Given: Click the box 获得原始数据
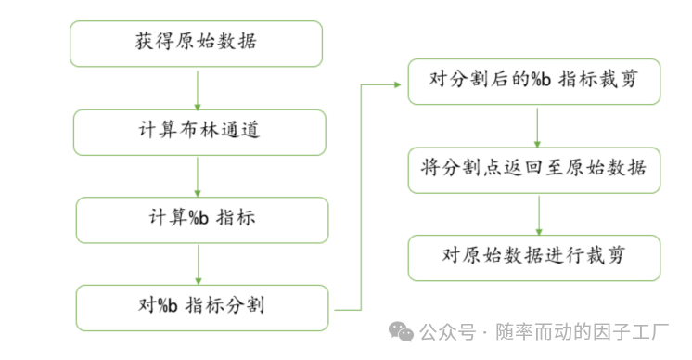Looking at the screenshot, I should [196, 44].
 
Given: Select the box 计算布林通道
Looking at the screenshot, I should [199, 131].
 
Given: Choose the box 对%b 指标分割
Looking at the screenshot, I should [201, 306].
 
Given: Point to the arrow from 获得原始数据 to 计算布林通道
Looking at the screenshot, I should [198, 88].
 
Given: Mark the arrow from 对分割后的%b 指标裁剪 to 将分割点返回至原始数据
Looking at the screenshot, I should [538, 125].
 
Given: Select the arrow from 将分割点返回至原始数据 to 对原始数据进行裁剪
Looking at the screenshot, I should [539, 213].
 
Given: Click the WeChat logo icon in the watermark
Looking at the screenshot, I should [402, 329].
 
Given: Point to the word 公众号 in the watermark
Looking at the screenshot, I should [447, 330].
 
